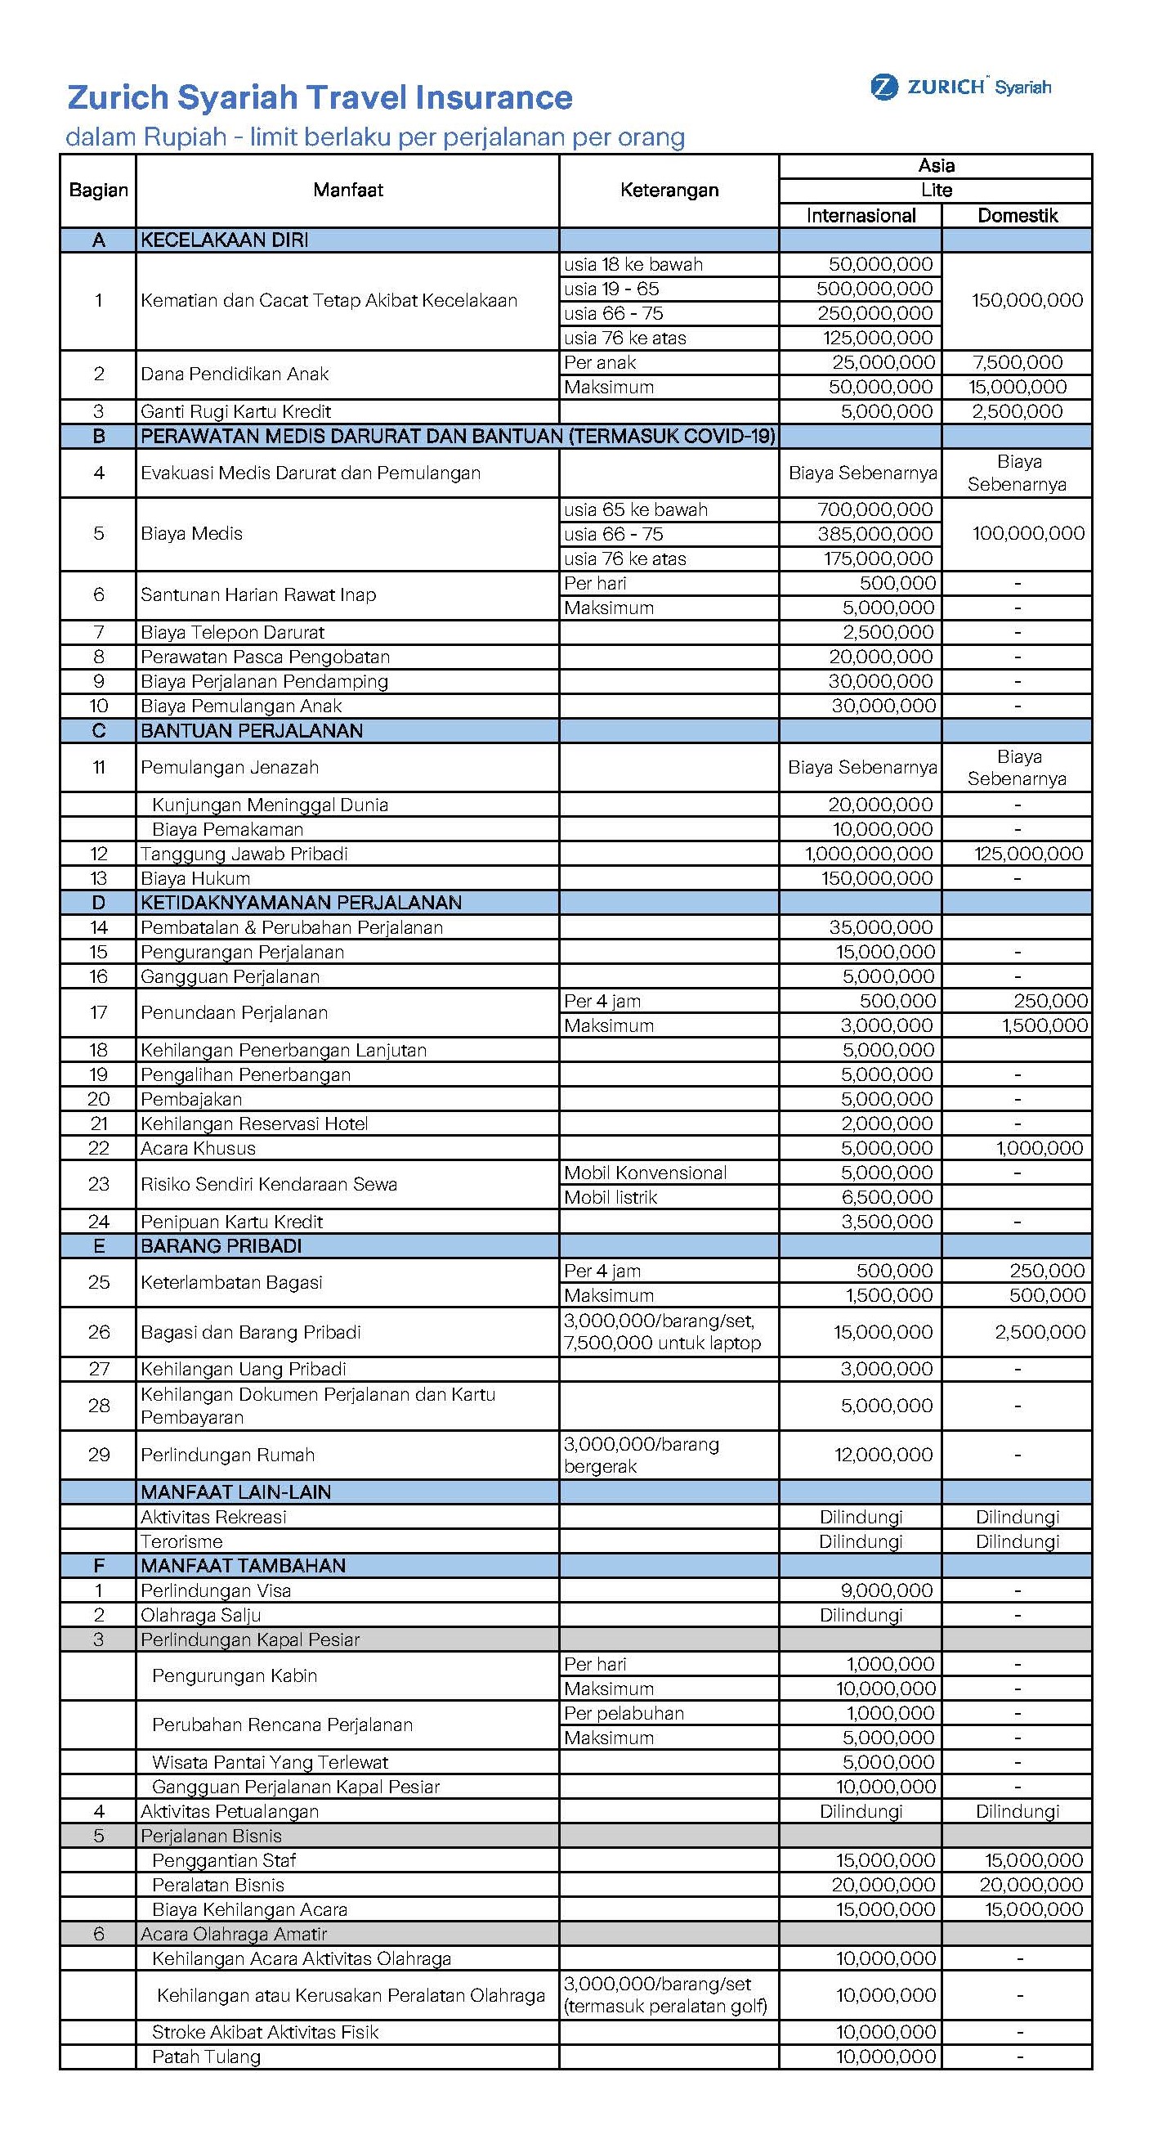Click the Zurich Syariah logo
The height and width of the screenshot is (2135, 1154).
pyautogui.click(x=960, y=87)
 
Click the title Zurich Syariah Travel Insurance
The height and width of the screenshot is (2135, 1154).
pyautogui.click(x=319, y=98)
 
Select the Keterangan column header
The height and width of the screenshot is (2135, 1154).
pyautogui.click(x=669, y=191)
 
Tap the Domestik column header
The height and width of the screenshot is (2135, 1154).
pyautogui.click(x=1018, y=216)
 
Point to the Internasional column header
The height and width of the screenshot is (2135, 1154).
pyautogui.click(x=861, y=216)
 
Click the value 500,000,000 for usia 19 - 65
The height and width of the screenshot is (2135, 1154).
pyautogui.click(x=874, y=289)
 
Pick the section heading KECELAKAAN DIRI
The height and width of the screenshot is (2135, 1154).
pyautogui.click(x=225, y=240)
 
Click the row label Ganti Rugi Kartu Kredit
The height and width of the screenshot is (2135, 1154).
pyautogui.click(x=235, y=411)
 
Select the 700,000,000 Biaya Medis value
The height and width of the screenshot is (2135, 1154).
pyautogui.click(x=874, y=509)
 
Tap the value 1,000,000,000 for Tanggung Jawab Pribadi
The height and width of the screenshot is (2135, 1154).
pyautogui.click(x=869, y=854)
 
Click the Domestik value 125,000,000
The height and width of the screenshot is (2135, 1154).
pyautogui.click(x=1028, y=854)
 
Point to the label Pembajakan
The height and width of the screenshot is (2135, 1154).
pyautogui.click(x=191, y=1099)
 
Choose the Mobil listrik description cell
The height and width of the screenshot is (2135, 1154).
pyautogui.click(x=611, y=1197)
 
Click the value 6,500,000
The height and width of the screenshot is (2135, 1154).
pyautogui.click(x=887, y=1197)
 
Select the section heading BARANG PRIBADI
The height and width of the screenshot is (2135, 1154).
pyautogui.click(x=221, y=1245)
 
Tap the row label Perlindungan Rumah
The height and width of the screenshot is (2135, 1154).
pyautogui.click(x=228, y=1455)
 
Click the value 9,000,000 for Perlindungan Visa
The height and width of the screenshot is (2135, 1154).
pyautogui.click(x=887, y=1590)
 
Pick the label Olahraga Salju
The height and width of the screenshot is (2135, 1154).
pyautogui.click(x=200, y=1615)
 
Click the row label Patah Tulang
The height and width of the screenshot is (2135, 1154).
pyautogui.click(x=206, y=2057)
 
